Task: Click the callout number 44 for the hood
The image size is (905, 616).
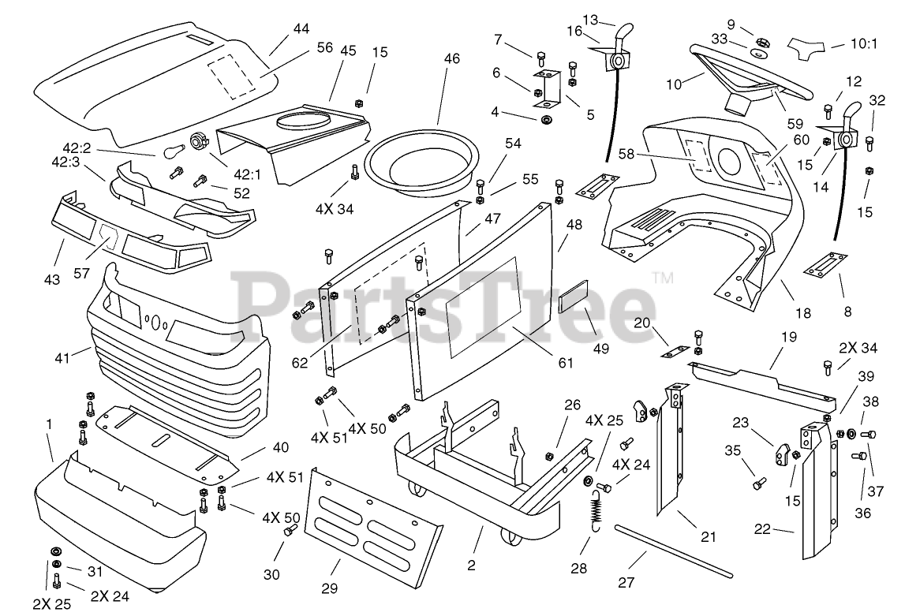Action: tap(301, 29)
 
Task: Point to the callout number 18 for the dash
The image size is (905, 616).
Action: tap(802, 313)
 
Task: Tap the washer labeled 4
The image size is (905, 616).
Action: tap(545, 120)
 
